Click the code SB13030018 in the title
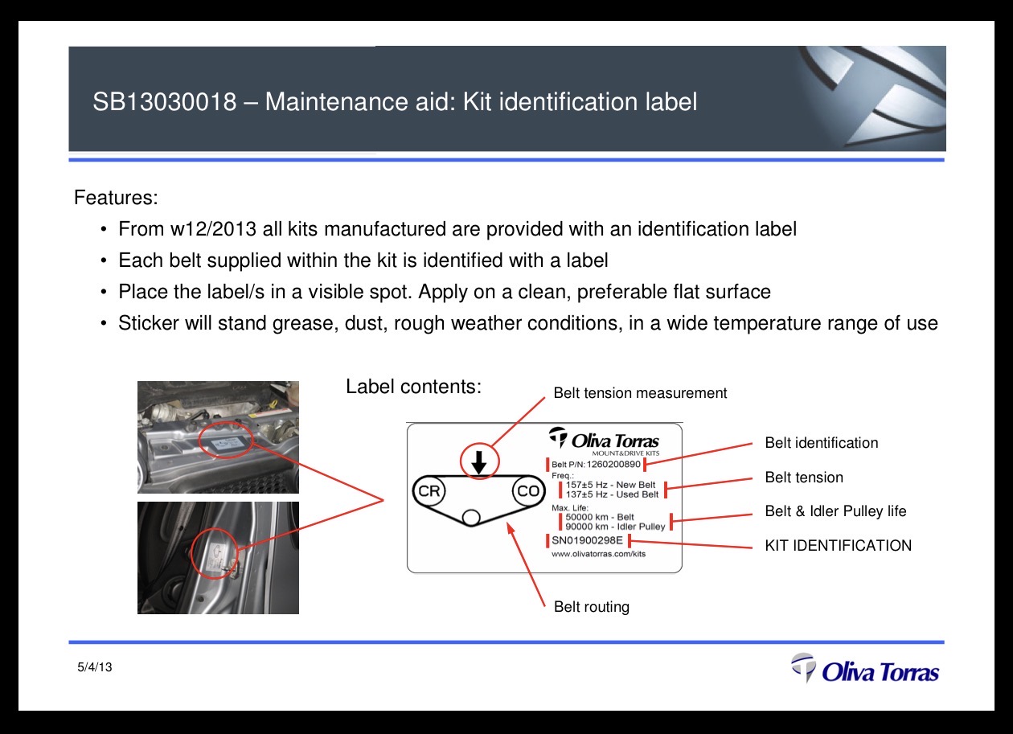pos(165,101)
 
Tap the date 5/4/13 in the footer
pos(95,667)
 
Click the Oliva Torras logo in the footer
pos(865,668)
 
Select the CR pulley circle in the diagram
pos(429,490)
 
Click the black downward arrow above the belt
pos(479,462)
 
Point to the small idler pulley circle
pos(471,518)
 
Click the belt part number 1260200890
pos(613,464)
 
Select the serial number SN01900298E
pos(587,540)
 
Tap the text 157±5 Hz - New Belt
pos(610,485)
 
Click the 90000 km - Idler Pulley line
pos(615,527)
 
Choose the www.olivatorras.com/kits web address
pos(598,554)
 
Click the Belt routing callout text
pos(592,606)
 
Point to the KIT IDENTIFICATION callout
pos(838,545)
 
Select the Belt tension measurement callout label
pos(640,392)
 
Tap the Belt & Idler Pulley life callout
pos(835,511)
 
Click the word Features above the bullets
pos(116,198)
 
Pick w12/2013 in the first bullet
pos(214,229)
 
